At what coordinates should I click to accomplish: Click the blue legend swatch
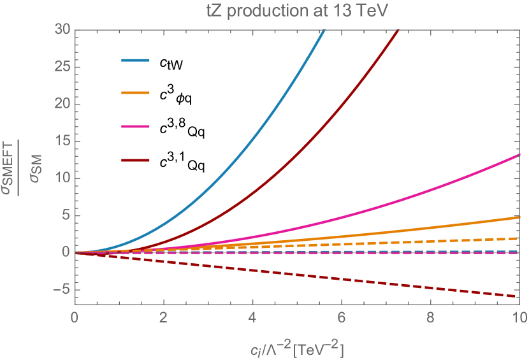(135, 61)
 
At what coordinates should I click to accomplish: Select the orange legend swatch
(135, 93)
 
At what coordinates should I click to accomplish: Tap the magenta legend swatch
(135, 126)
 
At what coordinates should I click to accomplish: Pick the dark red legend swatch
(135, 160)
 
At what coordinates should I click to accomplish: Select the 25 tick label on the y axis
(61, 67)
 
